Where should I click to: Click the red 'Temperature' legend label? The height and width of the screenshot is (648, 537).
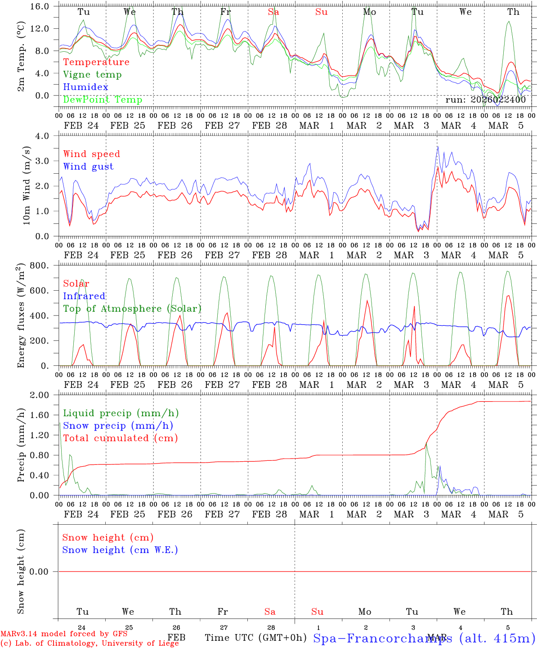(x=96, y=62)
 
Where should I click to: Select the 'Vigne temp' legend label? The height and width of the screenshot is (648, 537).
(x=92, y=75)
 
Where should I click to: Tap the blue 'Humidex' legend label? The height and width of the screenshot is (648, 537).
(x=85, y=87)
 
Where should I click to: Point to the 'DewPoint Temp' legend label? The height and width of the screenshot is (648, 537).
(x=103, y=99)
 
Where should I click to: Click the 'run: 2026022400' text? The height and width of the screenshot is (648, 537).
(x=485, y=100)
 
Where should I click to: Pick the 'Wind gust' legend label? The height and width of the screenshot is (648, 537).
(x=88, y=166)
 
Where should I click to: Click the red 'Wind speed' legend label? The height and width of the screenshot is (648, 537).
(x=92, y=154)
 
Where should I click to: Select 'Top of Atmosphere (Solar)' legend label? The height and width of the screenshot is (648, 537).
(x=132, y=309)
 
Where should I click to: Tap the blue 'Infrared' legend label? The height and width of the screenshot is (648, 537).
(x=84, y=296)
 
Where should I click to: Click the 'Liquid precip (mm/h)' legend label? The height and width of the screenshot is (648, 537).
(x=121, y=413)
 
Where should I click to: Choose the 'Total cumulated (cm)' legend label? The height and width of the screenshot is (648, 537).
(x=121, y=438)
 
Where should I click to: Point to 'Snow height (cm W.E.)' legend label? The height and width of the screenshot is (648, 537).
(x=120, y=550)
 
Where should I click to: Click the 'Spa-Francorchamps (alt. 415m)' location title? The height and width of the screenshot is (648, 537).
(x=424, y=638)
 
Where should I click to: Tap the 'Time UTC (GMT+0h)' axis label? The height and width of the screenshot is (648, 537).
(x=255, y=638)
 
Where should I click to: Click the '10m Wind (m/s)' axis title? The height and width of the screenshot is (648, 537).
(x=27, y=186)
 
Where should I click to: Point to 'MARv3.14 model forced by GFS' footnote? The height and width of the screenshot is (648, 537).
(x=64, y=634)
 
